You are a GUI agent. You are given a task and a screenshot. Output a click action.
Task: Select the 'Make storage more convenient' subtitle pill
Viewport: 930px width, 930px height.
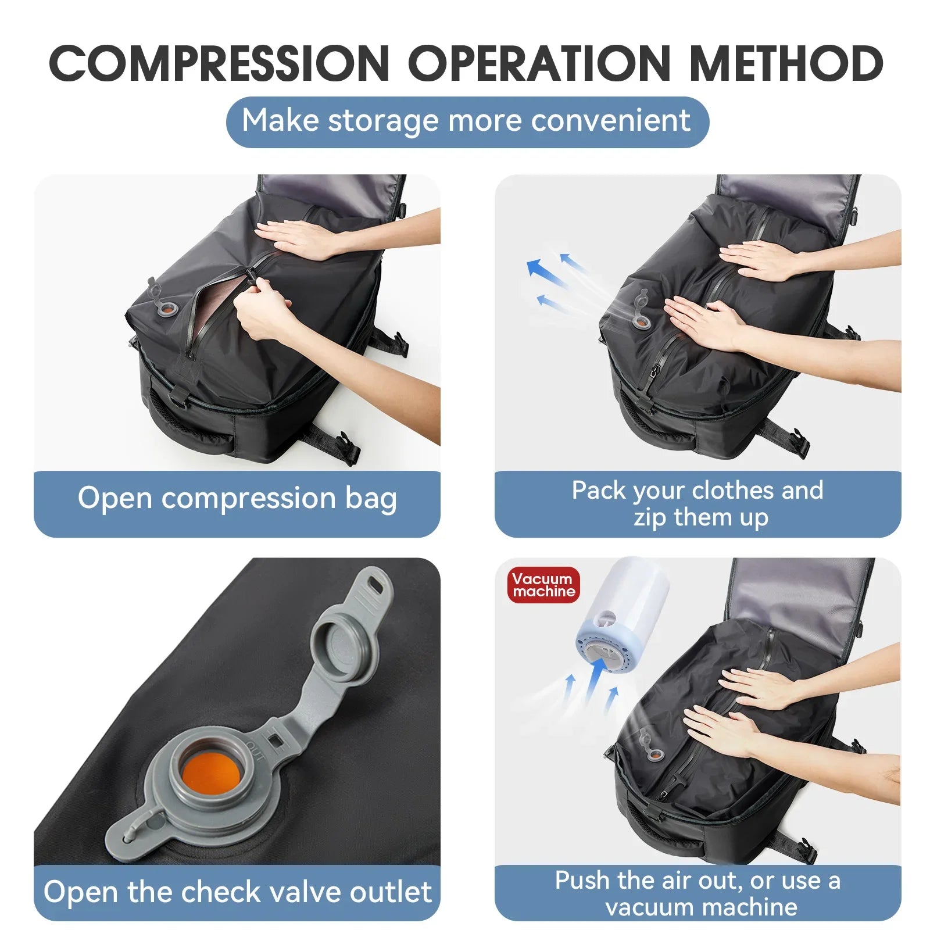point(467,121)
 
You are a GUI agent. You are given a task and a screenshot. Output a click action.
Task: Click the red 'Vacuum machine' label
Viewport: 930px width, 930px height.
point(543,585)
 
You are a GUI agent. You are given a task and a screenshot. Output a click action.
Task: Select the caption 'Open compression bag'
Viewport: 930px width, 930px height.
point(237,499)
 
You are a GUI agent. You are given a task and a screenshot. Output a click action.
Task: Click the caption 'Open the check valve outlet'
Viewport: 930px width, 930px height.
point(237,892)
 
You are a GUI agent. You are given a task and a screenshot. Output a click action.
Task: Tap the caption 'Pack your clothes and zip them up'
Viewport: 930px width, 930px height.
point(697,503)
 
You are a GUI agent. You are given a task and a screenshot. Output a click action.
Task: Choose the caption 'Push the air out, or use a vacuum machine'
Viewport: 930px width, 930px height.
point(697,893)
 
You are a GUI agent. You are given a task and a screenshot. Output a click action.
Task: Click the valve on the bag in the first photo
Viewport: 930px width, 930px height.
point(167,308)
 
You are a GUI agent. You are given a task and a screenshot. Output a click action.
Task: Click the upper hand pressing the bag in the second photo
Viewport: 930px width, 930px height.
point(756,260)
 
